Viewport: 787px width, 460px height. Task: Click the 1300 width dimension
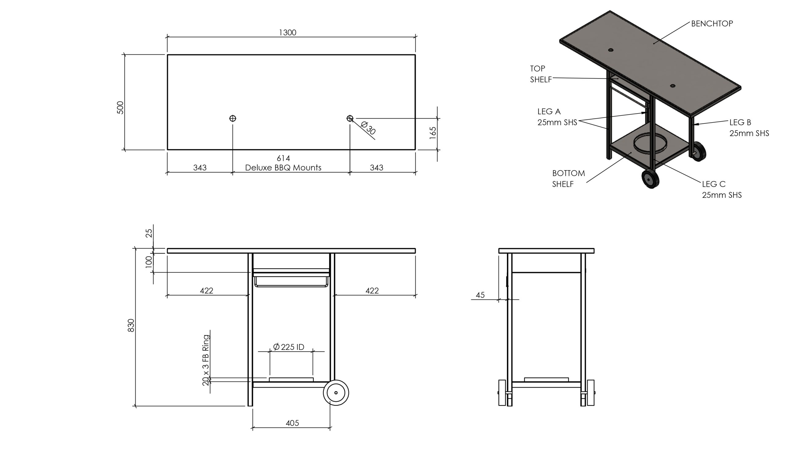(x=287, y=33)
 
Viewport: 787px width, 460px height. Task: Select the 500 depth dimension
(x=120, y=107)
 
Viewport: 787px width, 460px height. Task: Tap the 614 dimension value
(x=283, y=158)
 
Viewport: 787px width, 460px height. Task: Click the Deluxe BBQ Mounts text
(x=283, y=168)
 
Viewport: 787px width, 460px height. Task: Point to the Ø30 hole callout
(x=368, y=128)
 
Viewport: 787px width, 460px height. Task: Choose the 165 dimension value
(x=433, y=133)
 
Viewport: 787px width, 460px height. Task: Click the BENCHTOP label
(x=712, y=24)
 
